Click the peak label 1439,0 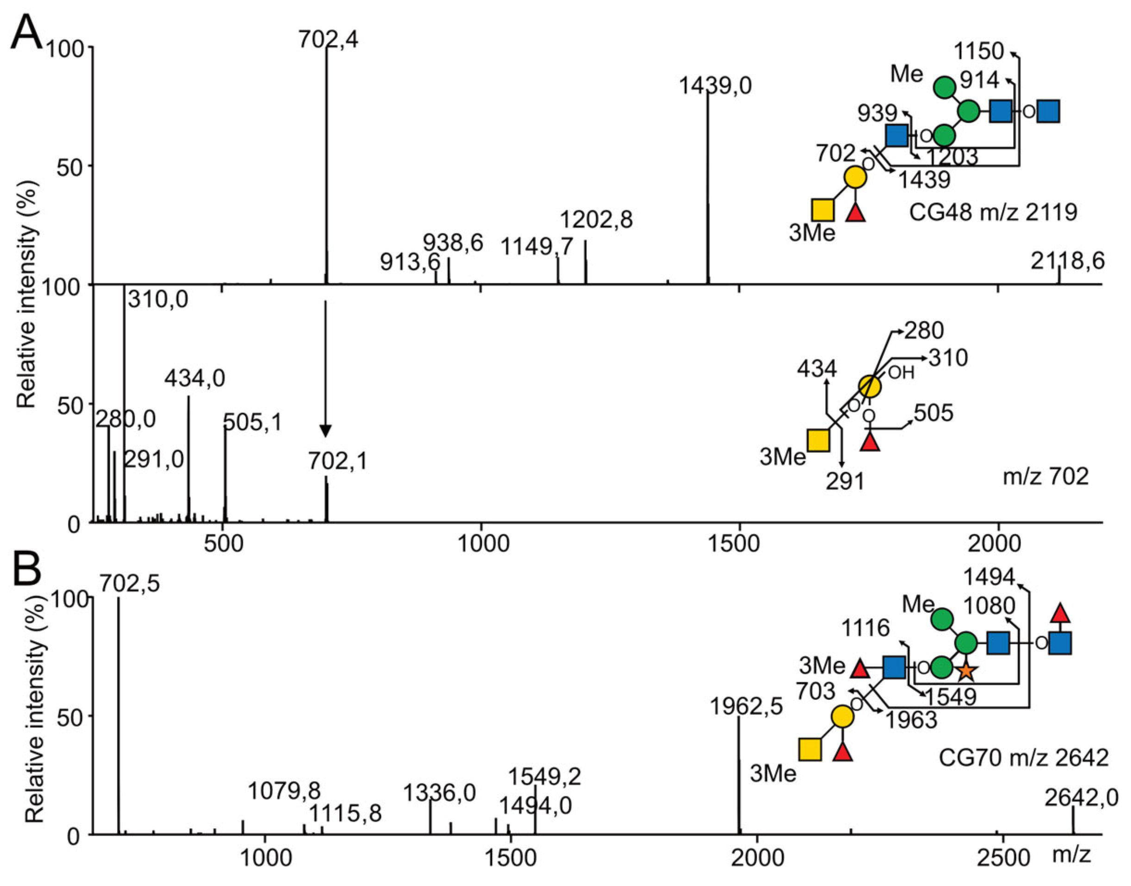pyautogui.click(x=715, y=86)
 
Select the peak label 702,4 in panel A pyautogui.click(x=328, y=39)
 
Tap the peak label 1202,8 pyautogui.click(x=597, y=220)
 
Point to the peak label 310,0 pyautogui.click(x=158, y=300)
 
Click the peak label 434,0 pyautogui.click(x=195, y=379)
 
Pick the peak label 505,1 pyautogui.click(x=253, y=422)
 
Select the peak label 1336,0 pyautogui.click(x=440, y=793)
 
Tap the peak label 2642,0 pyautogui.click(x=1081, y=798)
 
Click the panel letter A pyautogui.click(x=26, y=32)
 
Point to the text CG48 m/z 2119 pyautogui.click(x=993, y=212)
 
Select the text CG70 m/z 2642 pyautogui.click(x=1024, y=758)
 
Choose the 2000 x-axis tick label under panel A pyautogui.click(x=998, y=543)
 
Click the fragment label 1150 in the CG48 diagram pyautogui.click(x=980, y=51)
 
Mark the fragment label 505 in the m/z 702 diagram pyautogui.click(x=933, y=413)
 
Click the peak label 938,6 pyautogui.click(x=453, y=243)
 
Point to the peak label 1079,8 pyautogui.click(x=284, y=792)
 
